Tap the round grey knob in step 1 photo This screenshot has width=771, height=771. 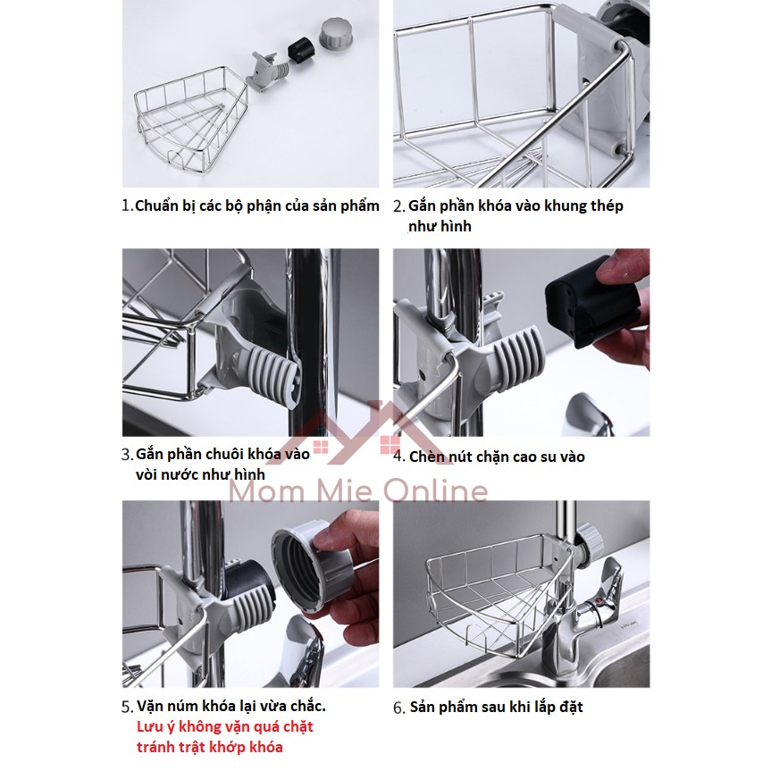point(335,33)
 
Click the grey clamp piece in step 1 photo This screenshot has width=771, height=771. point(269,72)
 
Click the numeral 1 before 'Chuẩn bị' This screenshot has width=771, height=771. point(126,205)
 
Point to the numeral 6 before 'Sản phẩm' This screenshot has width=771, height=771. point(398,708)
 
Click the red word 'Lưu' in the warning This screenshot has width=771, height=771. point(148,726)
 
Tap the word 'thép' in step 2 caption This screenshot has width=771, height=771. point(607,206)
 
